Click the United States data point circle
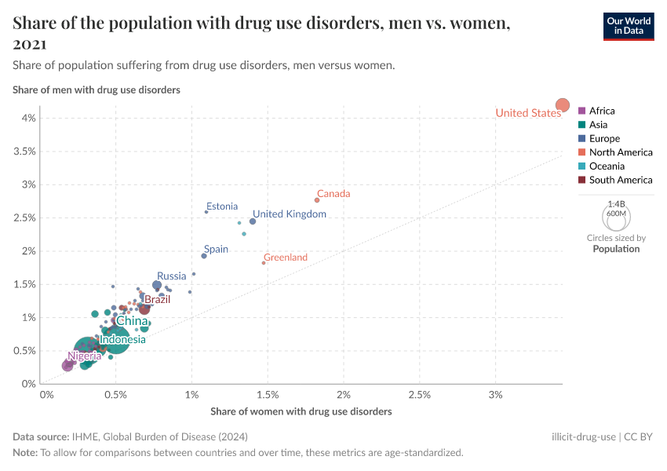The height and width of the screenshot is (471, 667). pos(563,105)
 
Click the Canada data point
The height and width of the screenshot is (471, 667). pos(317,200)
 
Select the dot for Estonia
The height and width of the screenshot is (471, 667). pos(206,212)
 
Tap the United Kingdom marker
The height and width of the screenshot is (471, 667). pos(253,221)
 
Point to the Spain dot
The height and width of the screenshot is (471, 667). pos(204,256)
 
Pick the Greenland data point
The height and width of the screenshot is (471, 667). pos(264,263)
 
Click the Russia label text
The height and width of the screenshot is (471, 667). pos(172,276)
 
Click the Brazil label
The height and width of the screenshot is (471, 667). pos(157,299)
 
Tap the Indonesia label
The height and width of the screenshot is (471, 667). pos(122,340)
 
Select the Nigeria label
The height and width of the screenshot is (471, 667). pos(84,356)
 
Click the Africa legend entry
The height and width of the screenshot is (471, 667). pos(602,111)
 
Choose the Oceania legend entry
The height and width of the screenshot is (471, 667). pos(607,166)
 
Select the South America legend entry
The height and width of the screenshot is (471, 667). pos(621,180)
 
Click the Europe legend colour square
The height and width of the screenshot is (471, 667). pos(581,139)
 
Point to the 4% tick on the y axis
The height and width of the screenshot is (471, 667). pos(28,118)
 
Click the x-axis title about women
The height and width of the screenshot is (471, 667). pos(301,411)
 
